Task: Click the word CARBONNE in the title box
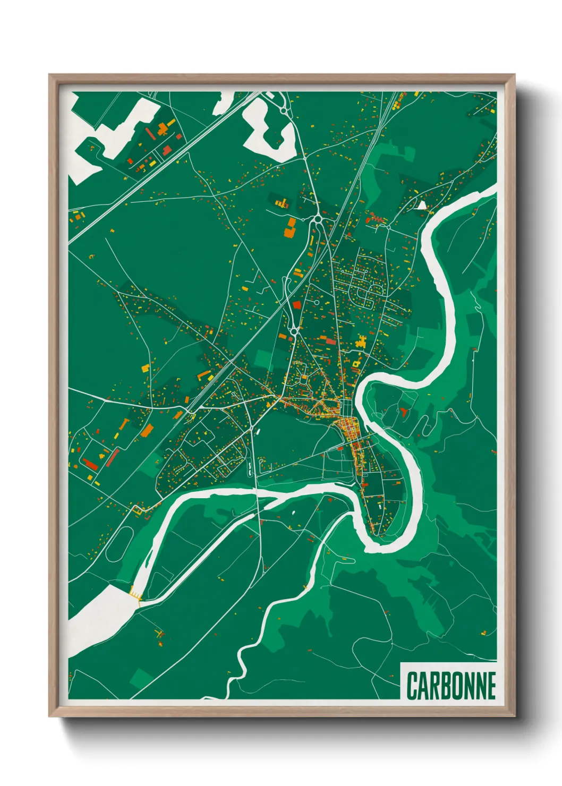pyautogui.click(x=451, y=686)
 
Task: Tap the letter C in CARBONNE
pyautogui.click(x=413, y=686)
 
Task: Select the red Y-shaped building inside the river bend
pyautogui.click(x=405, y=411)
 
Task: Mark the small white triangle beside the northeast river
pyautogui.click(x=422, y=205)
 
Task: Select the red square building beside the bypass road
pyautogui.click(x=297, y=304)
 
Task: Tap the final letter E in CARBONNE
pyautogui.click(x=490, y=686)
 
